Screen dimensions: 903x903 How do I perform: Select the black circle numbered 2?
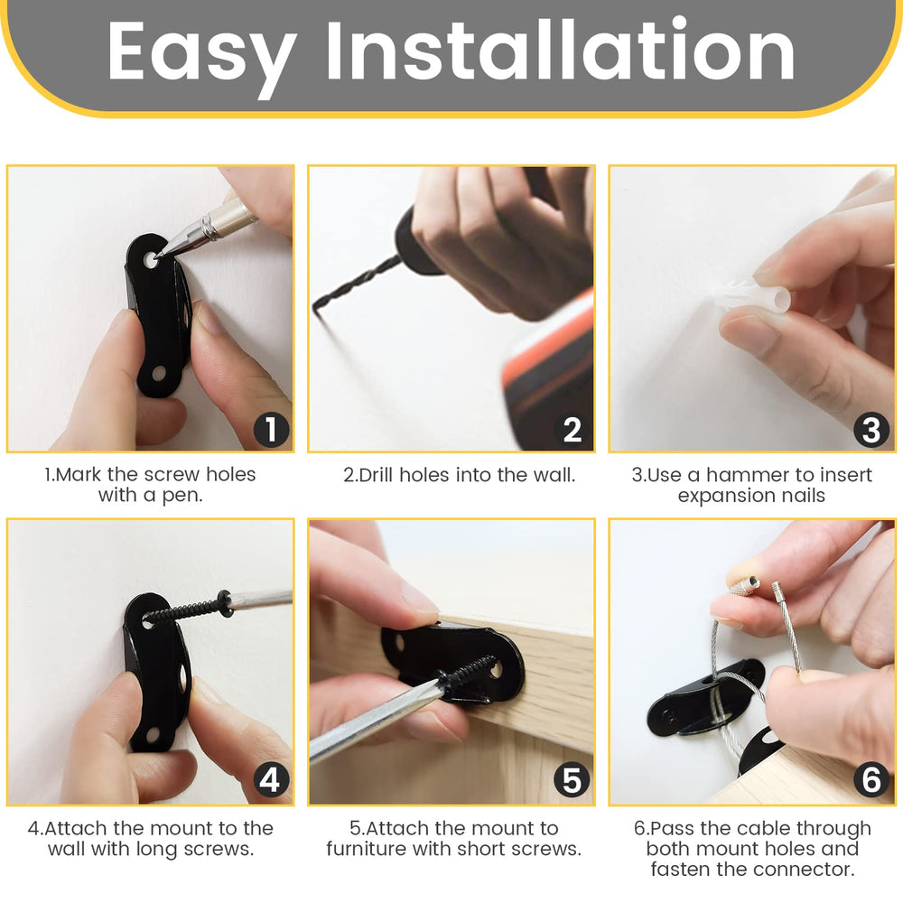[572, 429]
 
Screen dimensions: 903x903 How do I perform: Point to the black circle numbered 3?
[871, 429]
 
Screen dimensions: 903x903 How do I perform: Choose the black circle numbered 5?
[572, 780]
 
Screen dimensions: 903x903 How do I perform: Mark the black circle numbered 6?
[871, 780]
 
